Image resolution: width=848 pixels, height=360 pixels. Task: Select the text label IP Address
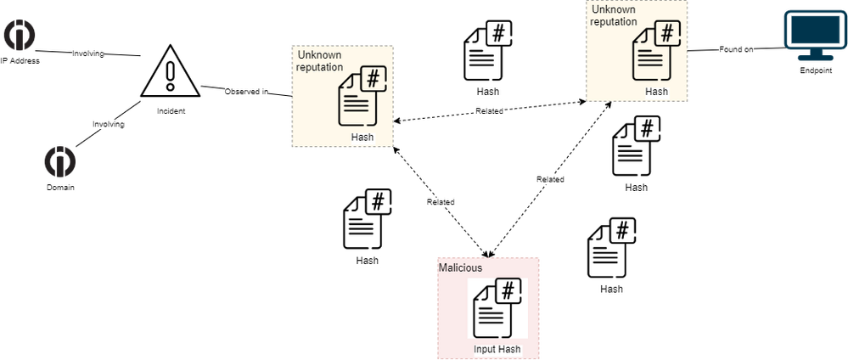(20, 61)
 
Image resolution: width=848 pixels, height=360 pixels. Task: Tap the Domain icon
(60, 161)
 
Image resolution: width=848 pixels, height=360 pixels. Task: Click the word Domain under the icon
(60, 187)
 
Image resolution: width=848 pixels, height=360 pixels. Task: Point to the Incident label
(171, 111)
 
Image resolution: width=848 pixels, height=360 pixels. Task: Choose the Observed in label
(246, 91)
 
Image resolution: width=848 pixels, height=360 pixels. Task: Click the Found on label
(736, 50)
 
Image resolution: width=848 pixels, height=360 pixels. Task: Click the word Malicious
(461, 267)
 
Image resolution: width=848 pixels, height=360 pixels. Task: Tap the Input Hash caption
(497, 350)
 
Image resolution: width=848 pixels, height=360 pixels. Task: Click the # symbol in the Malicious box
(508, 290)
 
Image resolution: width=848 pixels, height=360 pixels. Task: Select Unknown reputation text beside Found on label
(614, 16)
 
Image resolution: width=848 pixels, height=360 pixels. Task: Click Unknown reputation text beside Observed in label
(319, 61)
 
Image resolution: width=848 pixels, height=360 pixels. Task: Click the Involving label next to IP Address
(88, 53)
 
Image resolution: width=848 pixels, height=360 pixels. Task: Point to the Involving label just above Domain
(108, 124)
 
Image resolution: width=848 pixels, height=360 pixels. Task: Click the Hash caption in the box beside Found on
(656, 91)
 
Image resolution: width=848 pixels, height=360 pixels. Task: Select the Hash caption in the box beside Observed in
(362, 137)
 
